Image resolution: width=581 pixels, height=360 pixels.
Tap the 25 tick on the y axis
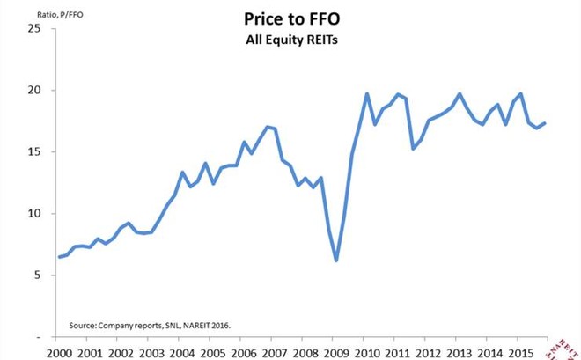pyautogui.click(x=35, y=28)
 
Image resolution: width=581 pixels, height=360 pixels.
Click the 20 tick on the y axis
pyautogui.click(x=35, y=90)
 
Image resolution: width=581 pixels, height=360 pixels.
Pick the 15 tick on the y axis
pyautogui.click(x=35, y=151)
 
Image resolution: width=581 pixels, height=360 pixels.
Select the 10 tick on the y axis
pyautogui.click(x=35, y=213)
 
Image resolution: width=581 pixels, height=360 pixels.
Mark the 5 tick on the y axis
pyautogui.click(x=39, y=275)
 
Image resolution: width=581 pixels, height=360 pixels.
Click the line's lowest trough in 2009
pyautogui.click(x=336, y=261)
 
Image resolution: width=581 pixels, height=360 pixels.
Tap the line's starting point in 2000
pyautogui.click(x=59, y=257)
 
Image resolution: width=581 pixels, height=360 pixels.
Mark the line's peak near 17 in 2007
pyautogui.click(x=267, y=127)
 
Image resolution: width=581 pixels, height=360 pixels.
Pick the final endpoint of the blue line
pyautogui.click(x=545, y=123)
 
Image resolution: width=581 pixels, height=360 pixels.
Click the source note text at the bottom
pyautogui.click(x=150, y=325)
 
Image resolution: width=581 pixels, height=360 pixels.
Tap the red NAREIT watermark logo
pyautogui.click(x=567, y=345)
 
